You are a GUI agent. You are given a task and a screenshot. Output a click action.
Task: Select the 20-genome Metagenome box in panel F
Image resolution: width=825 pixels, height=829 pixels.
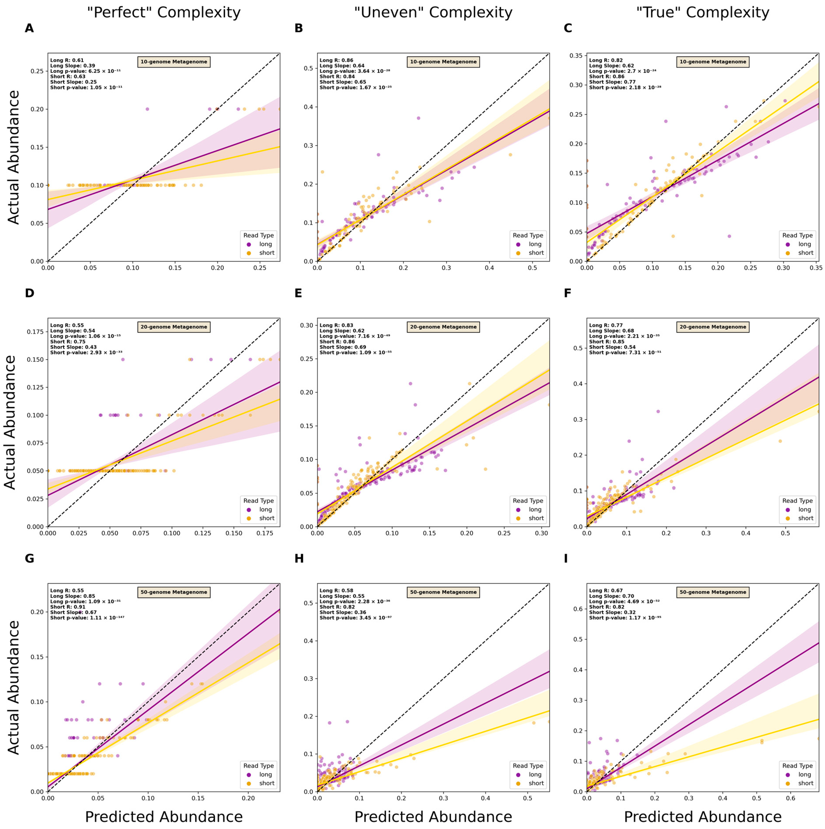click(712, 327)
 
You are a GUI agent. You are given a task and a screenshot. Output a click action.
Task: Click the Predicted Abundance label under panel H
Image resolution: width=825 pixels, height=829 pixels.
click(433, 817)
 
